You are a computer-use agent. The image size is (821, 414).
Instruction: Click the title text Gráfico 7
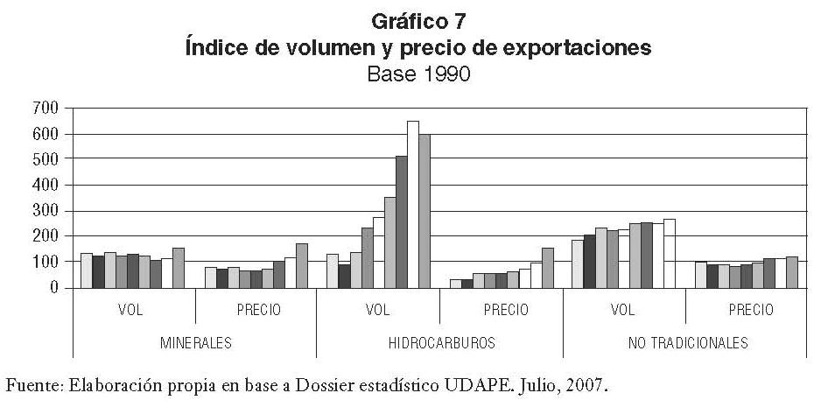click(418, 22)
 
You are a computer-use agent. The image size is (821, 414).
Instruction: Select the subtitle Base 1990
click(418, 74)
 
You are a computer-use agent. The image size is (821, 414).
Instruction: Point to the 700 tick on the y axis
click(46, 108)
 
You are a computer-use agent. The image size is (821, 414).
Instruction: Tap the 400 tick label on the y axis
click(46, 185)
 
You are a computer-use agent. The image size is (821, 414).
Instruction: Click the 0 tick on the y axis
click(53, 287)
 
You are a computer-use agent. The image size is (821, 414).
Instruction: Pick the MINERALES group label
click(194, 342)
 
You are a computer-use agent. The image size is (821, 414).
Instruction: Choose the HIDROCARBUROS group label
click(439, 342)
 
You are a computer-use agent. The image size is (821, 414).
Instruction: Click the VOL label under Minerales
click(133, 309)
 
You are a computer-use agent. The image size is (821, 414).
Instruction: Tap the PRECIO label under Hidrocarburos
click(501, 309)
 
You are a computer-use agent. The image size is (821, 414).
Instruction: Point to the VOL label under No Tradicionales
click(623, 309)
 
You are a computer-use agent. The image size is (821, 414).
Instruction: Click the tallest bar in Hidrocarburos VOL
click(413, 205)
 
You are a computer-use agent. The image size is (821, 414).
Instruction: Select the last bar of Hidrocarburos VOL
click(425, 211)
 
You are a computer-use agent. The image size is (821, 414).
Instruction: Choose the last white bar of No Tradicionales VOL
click(670, 254)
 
